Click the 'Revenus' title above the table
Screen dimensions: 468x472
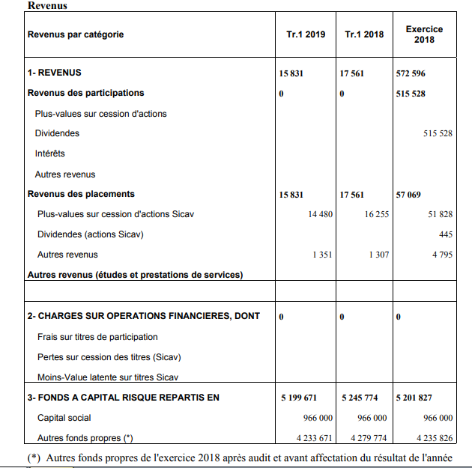coord(47,5)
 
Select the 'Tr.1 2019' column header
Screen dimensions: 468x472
coord(306,34)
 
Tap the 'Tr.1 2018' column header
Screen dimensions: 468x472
coord(364,34)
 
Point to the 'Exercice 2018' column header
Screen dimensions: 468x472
coord(424,34)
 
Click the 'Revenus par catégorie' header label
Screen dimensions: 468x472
coord(76,34)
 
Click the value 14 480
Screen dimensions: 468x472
coord(320,214)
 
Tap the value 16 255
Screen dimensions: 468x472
coord(377,214)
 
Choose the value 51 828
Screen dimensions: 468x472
coord(440,214)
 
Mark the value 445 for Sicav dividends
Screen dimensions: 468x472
coord(445,234)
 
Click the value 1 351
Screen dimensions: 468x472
coord(322,255)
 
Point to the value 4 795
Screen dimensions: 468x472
coord(442,255)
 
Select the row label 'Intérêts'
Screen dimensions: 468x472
coord(50,154)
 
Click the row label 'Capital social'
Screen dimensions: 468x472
coord(64,418)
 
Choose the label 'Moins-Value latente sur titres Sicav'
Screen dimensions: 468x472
coord(108,377)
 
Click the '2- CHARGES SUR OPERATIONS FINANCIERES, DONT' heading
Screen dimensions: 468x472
coord(144,316)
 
